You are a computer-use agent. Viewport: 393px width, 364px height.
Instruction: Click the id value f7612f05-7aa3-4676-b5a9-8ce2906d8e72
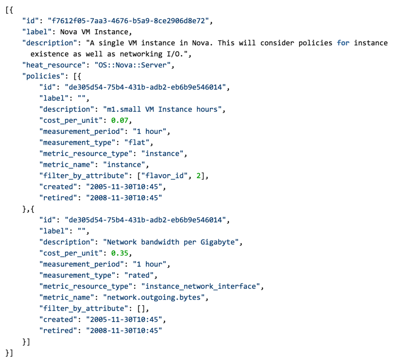(129, 21)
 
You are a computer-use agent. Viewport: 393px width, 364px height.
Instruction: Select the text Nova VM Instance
(95, 32)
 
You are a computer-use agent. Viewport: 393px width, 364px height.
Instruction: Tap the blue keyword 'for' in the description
(343, 43)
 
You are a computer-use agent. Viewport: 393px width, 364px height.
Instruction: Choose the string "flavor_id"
(165, 176)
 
